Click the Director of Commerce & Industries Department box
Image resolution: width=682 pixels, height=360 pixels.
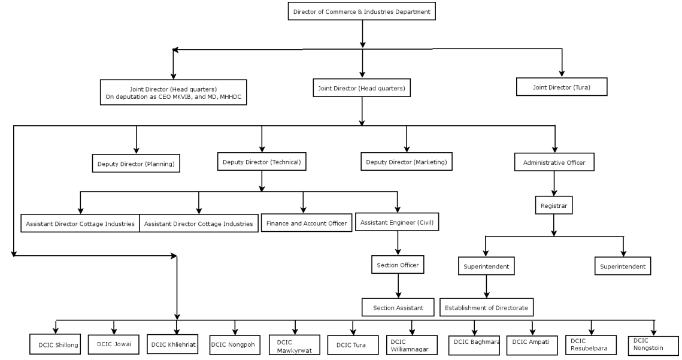click(362, 11)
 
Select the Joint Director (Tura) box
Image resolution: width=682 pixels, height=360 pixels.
click(562, 87)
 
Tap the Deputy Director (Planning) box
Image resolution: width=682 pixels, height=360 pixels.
click(136, 163)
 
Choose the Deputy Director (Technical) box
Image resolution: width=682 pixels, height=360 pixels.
click(261, 162)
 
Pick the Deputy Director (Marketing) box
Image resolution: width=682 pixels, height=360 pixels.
click(407, 161)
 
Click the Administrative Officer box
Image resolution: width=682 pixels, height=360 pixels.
click(554, 162)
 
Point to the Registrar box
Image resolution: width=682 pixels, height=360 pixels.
click(553, 206)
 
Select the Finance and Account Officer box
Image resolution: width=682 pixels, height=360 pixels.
click(306, 223)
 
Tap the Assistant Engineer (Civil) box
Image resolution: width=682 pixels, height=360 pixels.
click(397, 222)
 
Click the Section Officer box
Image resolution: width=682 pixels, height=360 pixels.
click(398, 265)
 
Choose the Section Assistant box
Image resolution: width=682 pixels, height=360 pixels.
click(397, 307)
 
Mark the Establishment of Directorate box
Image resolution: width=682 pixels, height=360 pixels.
click(487, 307)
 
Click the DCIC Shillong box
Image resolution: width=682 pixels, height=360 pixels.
click(55, 344)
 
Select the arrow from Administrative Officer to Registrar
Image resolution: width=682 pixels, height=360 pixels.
click(554, 184)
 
